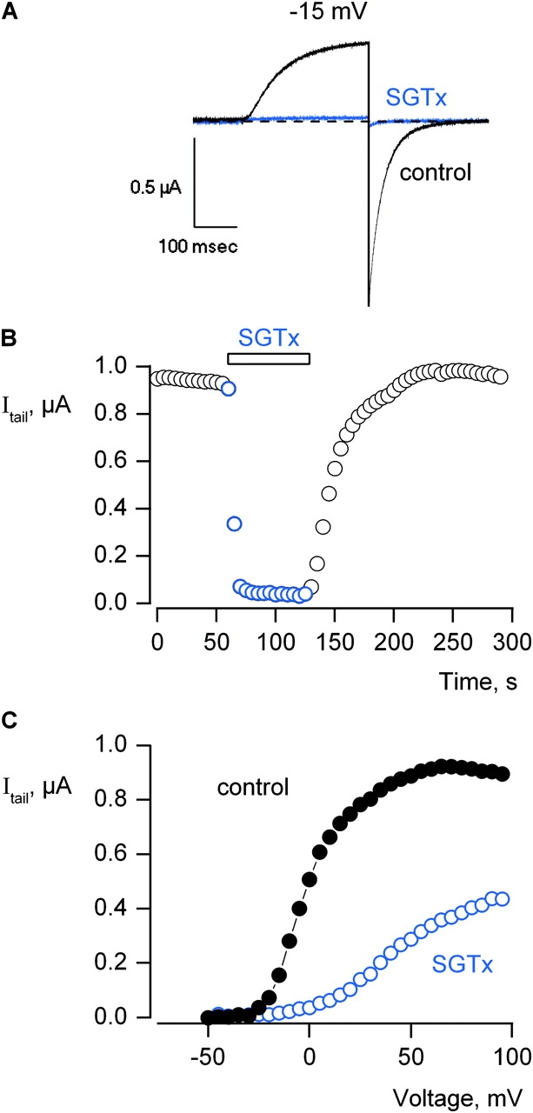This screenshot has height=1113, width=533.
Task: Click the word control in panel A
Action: pyautogui.click(x=435, y=171)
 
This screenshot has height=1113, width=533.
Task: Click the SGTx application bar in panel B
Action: pyautogui.click(x=269, y=358)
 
